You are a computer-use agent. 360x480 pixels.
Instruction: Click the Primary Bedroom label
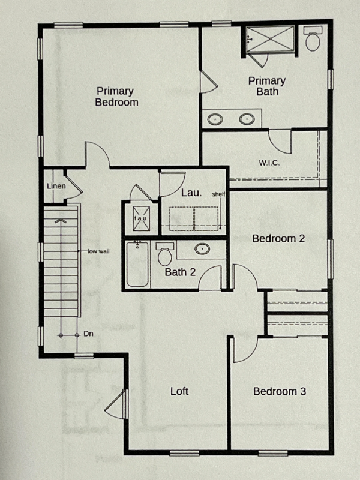(x=116, y=97)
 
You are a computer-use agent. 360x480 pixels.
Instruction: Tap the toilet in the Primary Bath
(x=313, y=38)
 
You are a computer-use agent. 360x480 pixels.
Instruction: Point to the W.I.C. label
(x=269, y=163)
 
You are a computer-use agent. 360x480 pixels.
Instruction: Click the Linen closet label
(x=56, y=186)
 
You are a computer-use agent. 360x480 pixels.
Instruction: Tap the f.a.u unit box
(x=141, y=218)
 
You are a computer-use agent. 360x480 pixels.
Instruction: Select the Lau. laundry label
(x=191, y=193)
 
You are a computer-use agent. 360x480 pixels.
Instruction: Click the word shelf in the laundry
(x=218, y=194)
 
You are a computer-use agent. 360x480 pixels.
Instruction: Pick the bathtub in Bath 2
(x=138, y=264)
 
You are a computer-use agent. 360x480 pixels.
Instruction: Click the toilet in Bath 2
(x=164, y=254)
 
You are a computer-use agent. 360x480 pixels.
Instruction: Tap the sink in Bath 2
(x=202, y=248)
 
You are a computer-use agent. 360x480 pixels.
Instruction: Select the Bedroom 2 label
(x=278, y=238)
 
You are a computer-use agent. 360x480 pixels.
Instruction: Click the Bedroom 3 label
(x=280, y=391)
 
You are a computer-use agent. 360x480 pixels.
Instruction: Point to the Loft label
(x=179, y=391)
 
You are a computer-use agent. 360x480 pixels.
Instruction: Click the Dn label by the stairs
(x=88, y=334)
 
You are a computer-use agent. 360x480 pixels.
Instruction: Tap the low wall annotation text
(x=98, y=251)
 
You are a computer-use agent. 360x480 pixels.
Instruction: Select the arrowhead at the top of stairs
(x=61, y=220)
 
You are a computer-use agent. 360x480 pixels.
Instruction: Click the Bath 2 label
(x=180, y=272)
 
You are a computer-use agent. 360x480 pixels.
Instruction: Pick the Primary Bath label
(x=267, y=86)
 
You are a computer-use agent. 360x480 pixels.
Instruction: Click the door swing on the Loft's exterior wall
(x=116, y=404)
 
